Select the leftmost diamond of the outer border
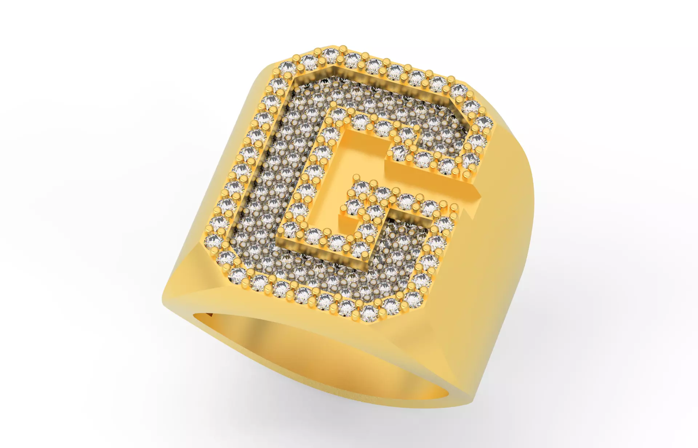(213, 240)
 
